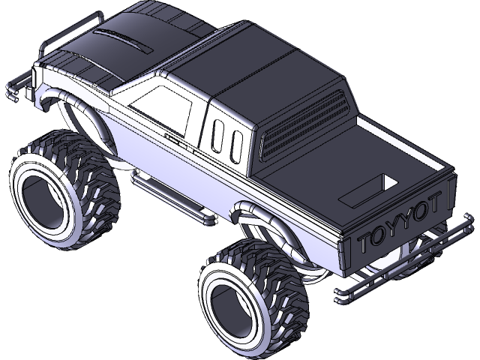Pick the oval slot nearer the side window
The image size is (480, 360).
click(218, 136)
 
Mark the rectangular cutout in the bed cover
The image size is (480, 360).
click(370, 190)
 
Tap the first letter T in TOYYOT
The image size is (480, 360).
click(366, 242)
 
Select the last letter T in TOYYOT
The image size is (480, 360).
click(442, 202)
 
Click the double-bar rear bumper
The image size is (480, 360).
click(405, 262)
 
